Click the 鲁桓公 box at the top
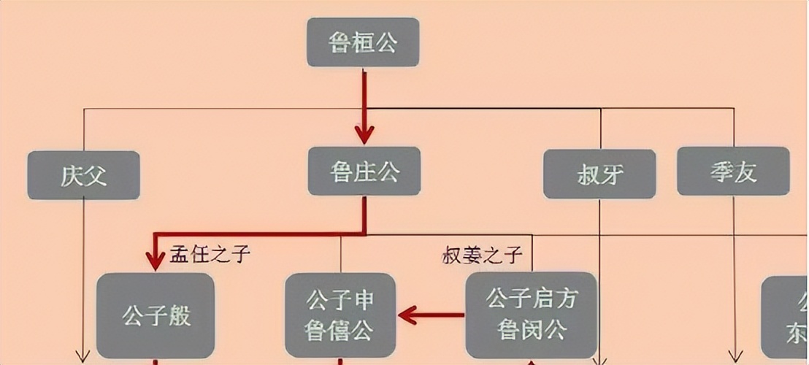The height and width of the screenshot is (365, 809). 364,43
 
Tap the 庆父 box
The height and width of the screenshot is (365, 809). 83,175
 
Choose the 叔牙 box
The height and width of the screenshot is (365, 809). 599,174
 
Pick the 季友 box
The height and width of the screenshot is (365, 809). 733,172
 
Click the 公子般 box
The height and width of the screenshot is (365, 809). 156,315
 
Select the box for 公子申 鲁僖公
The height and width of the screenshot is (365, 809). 340,315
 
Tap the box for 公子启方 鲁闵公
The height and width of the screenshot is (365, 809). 531,315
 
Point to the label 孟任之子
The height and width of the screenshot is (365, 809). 210,254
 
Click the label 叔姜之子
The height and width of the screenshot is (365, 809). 483,255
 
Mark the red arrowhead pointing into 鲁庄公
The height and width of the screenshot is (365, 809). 364,135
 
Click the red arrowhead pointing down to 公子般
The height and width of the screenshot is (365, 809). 155,259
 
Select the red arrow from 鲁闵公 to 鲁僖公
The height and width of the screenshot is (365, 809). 431,315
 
